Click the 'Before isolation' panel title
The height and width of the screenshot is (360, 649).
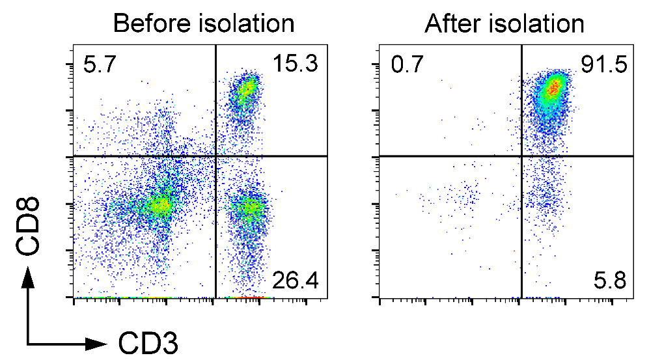point(203,24)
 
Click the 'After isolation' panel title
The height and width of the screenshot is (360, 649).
point(504,24)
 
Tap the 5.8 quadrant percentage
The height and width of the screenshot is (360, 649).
point(610,281)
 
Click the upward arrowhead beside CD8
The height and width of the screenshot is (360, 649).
point(28,278)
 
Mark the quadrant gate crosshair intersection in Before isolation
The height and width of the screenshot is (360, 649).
point(215,156)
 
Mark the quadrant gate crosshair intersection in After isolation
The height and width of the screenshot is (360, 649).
point(521,156)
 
